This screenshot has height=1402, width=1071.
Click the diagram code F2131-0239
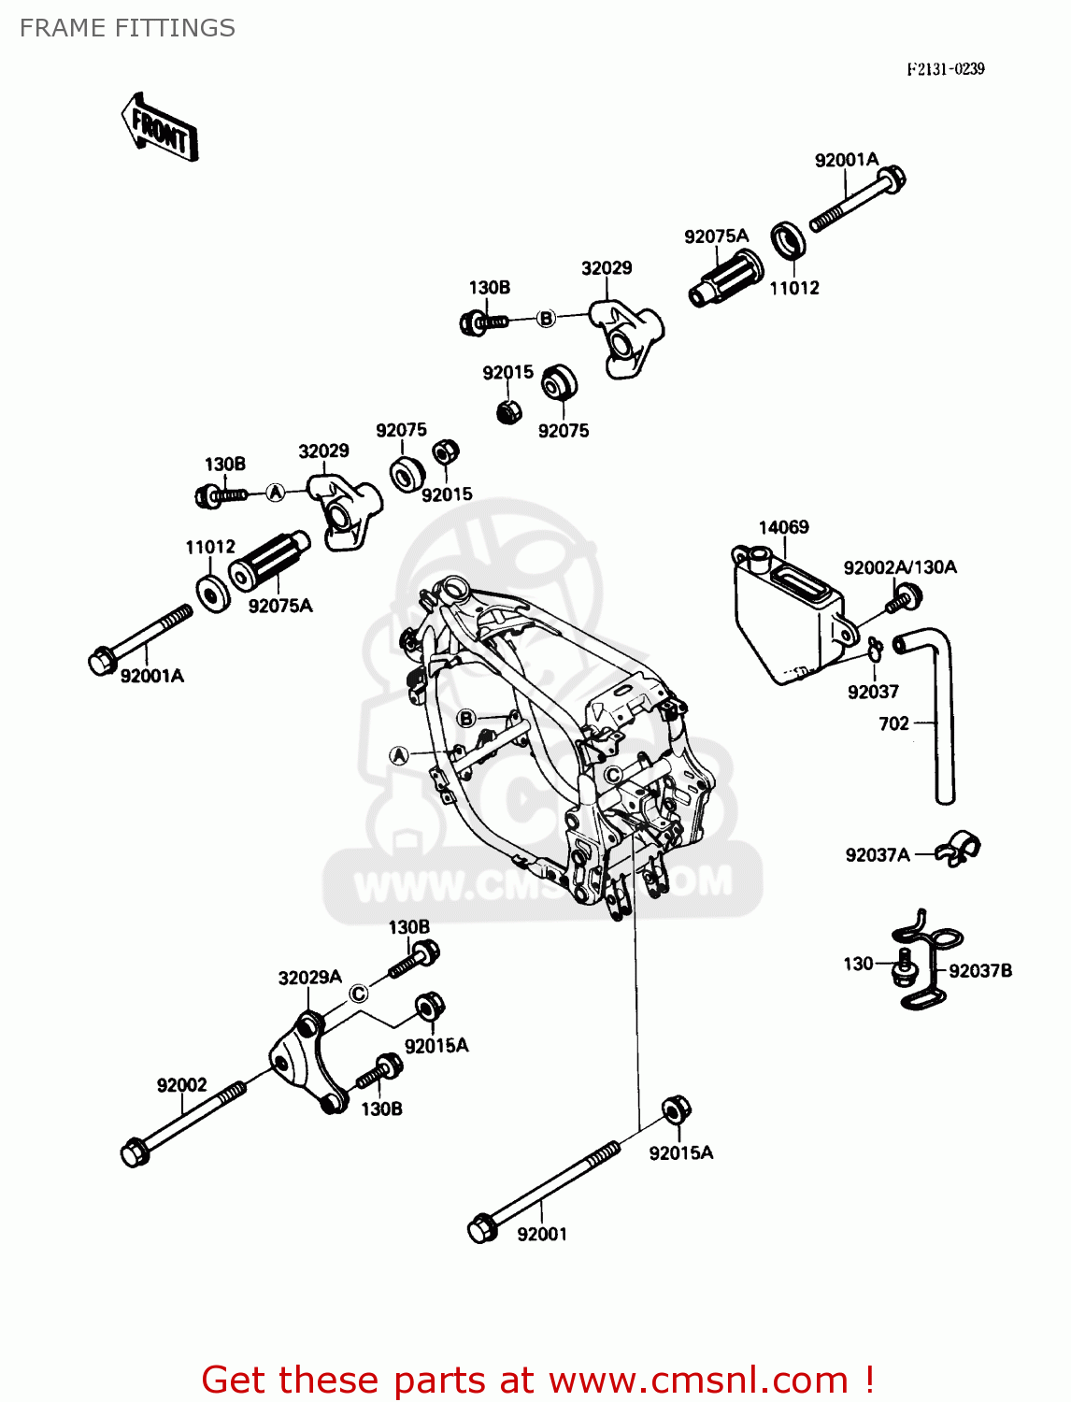[x=945, y=69]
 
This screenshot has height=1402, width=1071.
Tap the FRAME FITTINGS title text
[x=127, y=28]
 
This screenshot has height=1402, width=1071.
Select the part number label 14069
[x=783, y=527]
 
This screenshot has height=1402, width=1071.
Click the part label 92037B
[x=979, y=971]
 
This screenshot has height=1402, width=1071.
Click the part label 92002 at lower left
[x=181, y=1085]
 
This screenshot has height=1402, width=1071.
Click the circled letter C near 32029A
[x=359, y=994]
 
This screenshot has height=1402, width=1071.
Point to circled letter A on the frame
[x=399, y=755]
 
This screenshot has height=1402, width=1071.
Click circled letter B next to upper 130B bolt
[x=546, y=319]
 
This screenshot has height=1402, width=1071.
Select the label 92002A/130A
[x=899, y=567]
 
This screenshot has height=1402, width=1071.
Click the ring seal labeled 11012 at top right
[x=789, y=240]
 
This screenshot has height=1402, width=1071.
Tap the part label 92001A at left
[x=151, y=676]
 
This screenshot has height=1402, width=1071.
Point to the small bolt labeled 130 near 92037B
[x=903, y=966]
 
